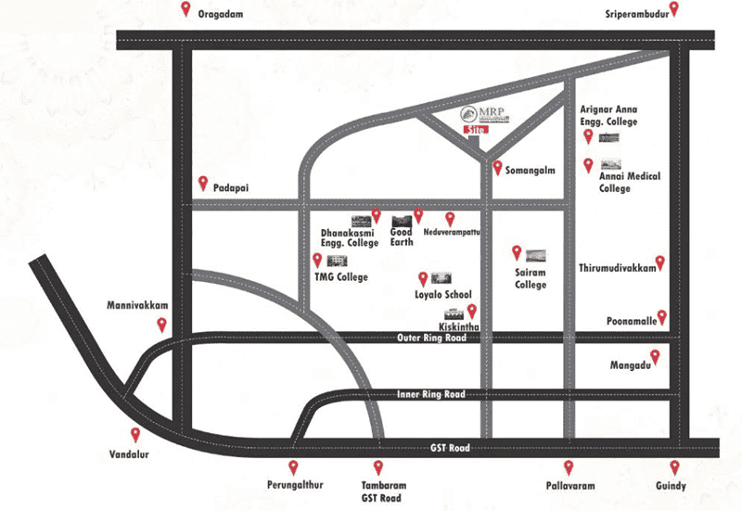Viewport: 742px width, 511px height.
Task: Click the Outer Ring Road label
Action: pyautogui.click(x=430, y=338)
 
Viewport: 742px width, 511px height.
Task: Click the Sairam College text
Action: pyautogui.click(x=531, y=278)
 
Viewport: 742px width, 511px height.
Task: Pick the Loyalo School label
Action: pyautogui.click(x=442, y=294)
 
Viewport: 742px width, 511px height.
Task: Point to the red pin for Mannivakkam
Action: pyautogui.click(x=162, y=325)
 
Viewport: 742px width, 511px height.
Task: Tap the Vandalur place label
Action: pyautogui.click(x=129, y=454)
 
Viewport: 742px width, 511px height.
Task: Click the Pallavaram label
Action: pyautogui.click(x=570, y=485)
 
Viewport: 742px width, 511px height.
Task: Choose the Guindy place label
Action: pyautogui.click(x=672, y=485)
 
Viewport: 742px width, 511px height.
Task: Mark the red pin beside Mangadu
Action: pyautogui.click(x=655, y=357)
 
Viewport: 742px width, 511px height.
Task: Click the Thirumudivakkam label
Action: pyautogui.click(x=617, y=267)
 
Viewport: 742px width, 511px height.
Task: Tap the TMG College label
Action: pyautogui.click(x=340, y=277)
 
